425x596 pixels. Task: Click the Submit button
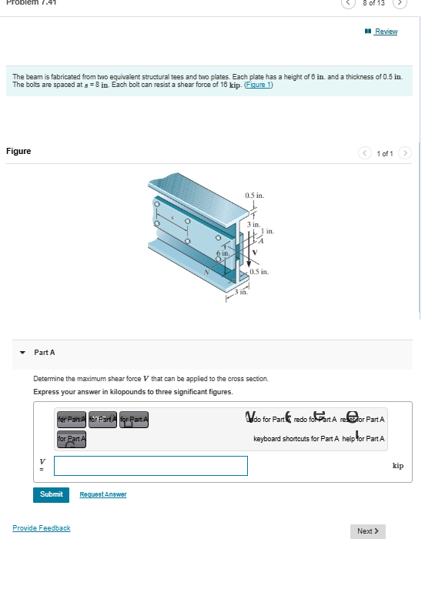coord(51,494)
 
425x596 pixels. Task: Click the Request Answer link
coord(103,494)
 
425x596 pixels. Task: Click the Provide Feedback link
coord(42,528)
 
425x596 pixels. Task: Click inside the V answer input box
coord(151,466)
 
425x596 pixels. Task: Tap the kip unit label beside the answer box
coord(397,466)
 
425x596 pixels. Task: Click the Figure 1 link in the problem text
coord(256,85)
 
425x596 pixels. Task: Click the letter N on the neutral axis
coord(206,272)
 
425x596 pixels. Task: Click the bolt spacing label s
coord(173,219)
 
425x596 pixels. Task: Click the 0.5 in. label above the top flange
coord(255,196)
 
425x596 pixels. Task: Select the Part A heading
coord(45,352)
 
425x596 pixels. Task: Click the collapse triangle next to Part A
coord(22,352)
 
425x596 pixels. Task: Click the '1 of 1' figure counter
coord(386,153)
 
